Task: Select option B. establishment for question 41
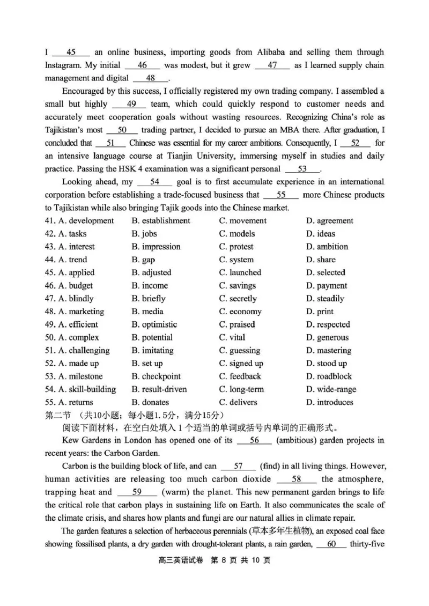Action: pos(161,221)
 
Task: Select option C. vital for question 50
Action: pos(232,337)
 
